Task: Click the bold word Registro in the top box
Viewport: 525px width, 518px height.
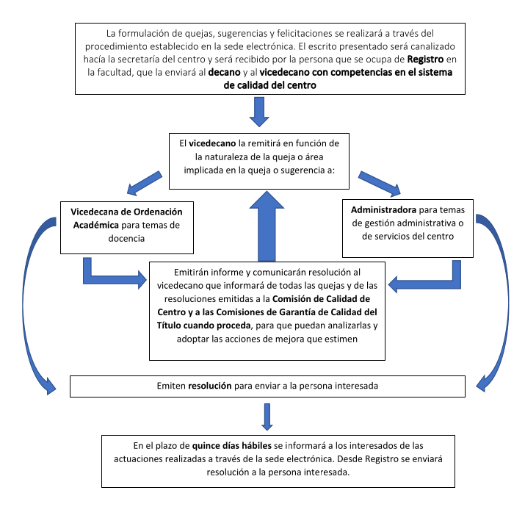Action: (425, 60)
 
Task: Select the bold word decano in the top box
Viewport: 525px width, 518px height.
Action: (225, 72)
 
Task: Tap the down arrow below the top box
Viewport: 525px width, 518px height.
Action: (259, 112)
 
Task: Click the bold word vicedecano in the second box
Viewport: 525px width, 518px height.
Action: (212, 143)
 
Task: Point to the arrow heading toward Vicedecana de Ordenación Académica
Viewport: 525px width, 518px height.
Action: (145, 183)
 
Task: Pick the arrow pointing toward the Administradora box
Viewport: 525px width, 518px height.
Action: (380, 184)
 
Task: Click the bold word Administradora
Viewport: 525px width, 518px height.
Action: (383, 209)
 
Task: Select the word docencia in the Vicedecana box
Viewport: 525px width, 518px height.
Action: (126, 239)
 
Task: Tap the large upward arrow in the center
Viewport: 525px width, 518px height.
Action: (267, 226)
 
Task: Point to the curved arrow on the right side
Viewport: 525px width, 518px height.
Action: (506, 301)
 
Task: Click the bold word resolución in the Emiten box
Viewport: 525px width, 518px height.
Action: (210, 386)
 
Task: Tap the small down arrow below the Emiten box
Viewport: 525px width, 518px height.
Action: (267, 417)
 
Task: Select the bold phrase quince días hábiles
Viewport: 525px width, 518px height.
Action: (232, 446)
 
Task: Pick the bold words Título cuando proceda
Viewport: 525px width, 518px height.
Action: (203, 325)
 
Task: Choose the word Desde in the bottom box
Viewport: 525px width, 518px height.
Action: (350, 459)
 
